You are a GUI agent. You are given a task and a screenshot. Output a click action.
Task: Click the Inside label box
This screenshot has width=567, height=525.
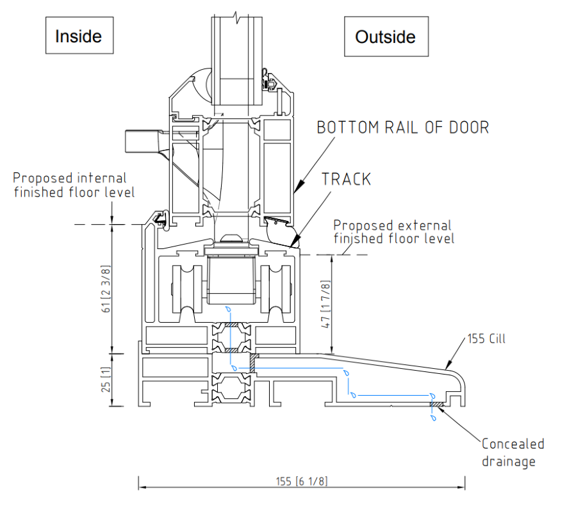[79, 36]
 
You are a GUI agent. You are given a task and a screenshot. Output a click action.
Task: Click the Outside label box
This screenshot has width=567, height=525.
[386, 36]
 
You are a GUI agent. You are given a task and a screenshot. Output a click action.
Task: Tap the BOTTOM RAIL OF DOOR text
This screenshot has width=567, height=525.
[403, 127]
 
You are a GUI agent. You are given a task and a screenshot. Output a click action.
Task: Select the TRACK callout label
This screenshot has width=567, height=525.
[346, 179]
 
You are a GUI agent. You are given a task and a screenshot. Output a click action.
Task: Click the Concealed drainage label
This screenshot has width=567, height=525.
[513, 452]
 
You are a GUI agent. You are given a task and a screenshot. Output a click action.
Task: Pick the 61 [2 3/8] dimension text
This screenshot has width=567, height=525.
[106, 288]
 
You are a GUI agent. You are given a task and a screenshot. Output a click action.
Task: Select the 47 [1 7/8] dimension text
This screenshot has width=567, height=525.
[326, 305]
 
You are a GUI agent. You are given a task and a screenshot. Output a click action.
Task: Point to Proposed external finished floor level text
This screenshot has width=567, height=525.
[393, 232]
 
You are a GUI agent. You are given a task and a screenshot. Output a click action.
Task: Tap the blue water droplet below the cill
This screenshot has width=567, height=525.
[434, 417]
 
